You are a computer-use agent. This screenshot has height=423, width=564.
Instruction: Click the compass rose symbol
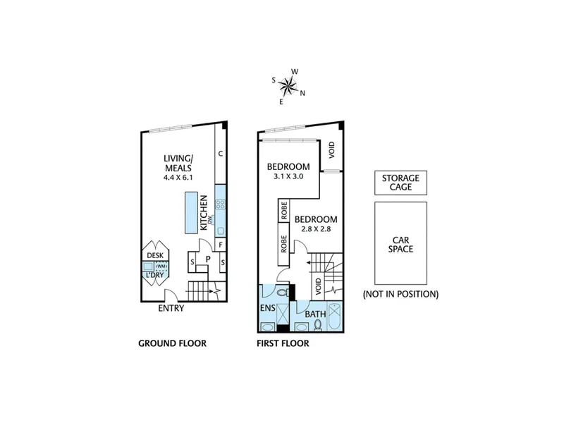[288, 86]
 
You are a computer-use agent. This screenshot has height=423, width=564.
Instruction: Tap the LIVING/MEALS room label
[178, 164]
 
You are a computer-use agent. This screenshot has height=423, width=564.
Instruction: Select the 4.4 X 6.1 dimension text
[178, 178]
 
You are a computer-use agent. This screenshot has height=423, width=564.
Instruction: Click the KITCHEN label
[204, 213]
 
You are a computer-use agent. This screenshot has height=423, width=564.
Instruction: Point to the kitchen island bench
[191, 213]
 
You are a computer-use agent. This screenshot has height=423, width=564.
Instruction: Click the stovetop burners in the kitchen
[220, 204]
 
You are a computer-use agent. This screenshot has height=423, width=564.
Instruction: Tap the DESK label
[155, 255]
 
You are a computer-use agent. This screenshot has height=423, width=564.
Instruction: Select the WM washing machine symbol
[161, 266]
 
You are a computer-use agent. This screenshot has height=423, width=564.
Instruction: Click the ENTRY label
[171, 308]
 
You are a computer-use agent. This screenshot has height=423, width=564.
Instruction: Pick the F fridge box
[221, 245]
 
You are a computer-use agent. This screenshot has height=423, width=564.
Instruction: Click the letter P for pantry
[208, 259]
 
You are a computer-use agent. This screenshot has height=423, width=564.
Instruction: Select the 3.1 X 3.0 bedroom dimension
[288, 177]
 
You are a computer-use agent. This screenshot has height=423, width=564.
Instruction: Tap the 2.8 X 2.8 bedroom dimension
[316, 228]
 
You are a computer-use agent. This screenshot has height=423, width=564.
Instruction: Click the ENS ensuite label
[268, 308]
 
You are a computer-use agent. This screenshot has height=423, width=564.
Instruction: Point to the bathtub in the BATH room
[335, 317]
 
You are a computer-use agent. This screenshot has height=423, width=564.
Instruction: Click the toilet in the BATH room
[318, 325]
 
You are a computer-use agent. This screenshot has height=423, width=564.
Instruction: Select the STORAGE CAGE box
[400, 183]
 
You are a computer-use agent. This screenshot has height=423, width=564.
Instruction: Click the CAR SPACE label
[400, 245]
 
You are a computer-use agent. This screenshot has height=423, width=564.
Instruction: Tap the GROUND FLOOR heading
[172, 343]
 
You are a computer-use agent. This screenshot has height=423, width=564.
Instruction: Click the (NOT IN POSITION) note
[400, 294]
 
